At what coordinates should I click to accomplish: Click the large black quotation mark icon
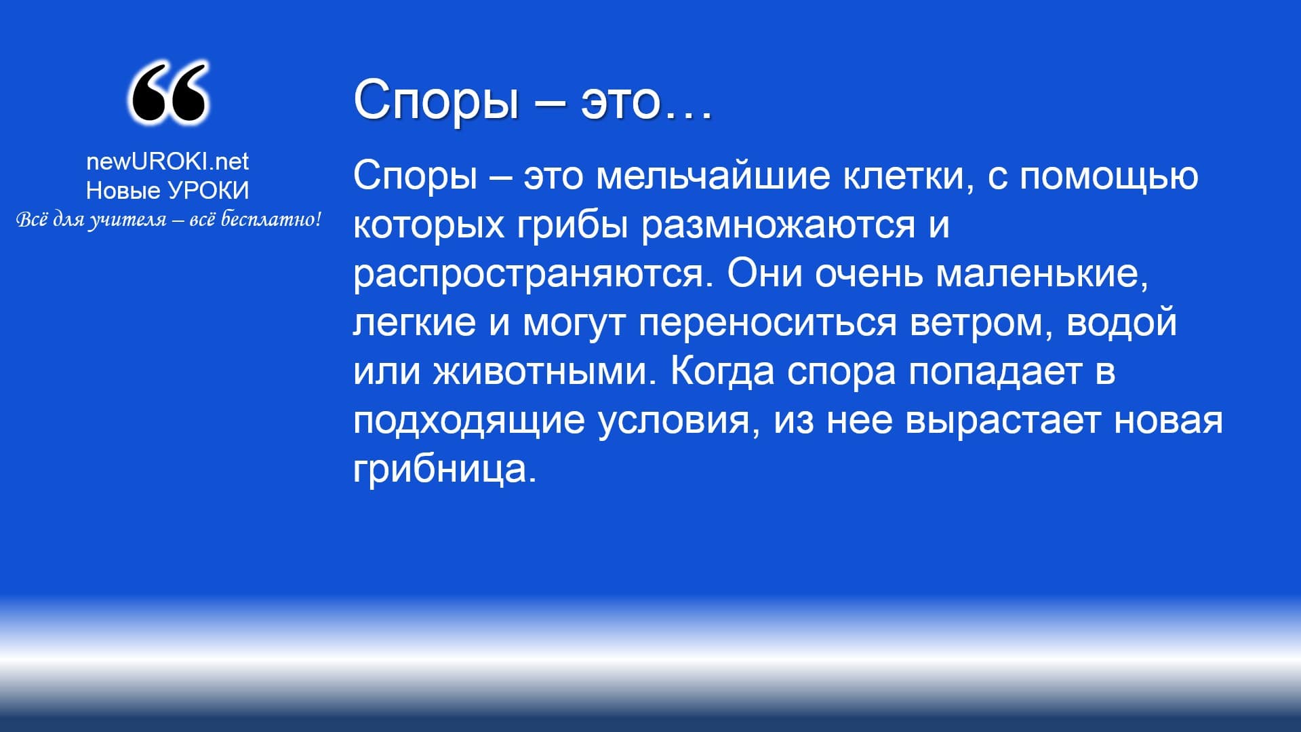tap(167, 93)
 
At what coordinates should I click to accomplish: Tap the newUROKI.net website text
tap(167, 161)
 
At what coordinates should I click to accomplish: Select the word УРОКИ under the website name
tap(208, 191)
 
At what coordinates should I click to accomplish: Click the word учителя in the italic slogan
tap(127, 220)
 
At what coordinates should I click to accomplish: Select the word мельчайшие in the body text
tap(712, 176)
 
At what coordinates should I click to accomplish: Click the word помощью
tap(1109, 176)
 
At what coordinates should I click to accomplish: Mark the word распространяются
tap(533, 274)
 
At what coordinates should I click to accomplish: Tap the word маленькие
tap(1042, 274)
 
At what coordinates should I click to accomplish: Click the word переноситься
tap(767, 322)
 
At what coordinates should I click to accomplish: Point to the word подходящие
tap(469, 421)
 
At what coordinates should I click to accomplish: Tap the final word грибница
tap(445, 469)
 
